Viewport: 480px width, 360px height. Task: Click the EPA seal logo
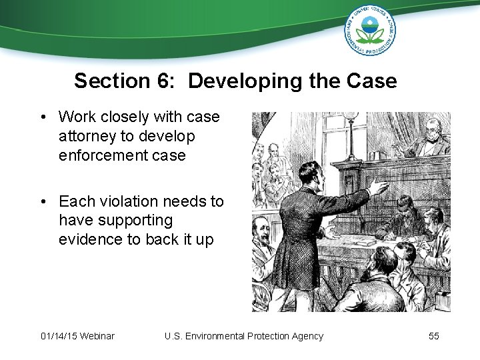click(x=370, y=31)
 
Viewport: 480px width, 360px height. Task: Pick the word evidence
click(x=89, y=239)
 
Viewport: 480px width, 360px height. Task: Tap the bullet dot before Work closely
click(x=43, y=118)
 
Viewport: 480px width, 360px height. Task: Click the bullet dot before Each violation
click(x=43, y=202)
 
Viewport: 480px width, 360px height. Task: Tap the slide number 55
click(x=433, y=336)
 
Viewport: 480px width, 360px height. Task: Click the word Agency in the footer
click(x=305, y=336)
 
